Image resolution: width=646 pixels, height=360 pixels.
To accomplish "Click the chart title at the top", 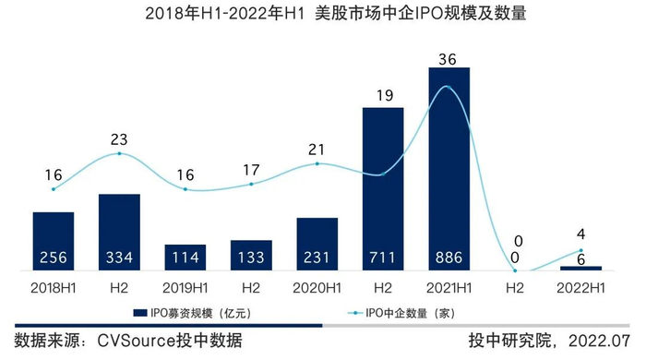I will point(323,15).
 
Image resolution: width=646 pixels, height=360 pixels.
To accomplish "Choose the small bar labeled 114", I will point(185,258).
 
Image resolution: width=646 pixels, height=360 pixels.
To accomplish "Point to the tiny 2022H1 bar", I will point(580,268).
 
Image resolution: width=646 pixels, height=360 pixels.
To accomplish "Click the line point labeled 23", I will point(119,154).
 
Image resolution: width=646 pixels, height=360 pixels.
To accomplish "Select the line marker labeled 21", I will point(317,163).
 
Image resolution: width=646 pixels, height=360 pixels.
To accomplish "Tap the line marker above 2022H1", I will point(580,250).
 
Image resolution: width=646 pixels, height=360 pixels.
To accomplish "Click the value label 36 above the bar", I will point(449,58).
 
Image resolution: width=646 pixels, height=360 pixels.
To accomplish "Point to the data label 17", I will point(251,169).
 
